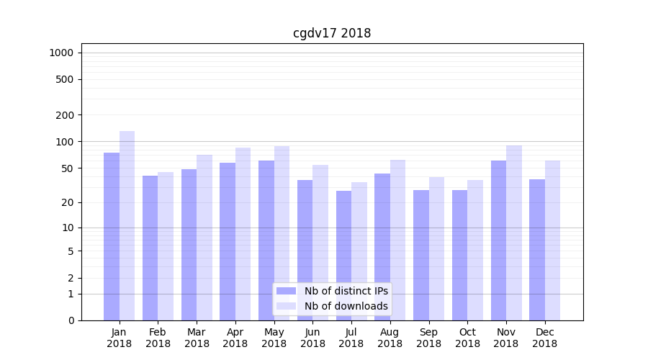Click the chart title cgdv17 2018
332,33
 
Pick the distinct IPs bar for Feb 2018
150,248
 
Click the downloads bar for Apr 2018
243,234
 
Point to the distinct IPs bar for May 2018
266,240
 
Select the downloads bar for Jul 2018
359,251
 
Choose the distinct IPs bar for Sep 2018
421,255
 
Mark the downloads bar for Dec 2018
552,240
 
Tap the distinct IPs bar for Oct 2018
459,255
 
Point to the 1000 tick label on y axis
61,53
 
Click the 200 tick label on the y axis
64,115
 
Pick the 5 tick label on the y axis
70,251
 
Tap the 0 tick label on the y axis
70,320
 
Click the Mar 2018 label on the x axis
197,338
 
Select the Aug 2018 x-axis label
390,338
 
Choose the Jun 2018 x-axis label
312,338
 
